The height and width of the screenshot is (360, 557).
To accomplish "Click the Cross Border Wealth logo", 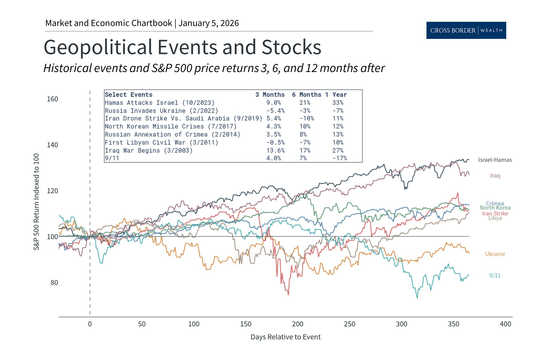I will point(466,30).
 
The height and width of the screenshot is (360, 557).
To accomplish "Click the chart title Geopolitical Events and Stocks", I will point(182,47).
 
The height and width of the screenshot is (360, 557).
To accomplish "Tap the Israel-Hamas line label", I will point(495,160).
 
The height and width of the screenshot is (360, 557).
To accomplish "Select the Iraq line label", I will point(495,176).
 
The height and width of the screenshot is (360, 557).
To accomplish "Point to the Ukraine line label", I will point(495,254).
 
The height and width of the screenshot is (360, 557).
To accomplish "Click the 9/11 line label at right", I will point(495,276).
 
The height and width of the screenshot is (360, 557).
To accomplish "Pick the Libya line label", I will point(495,218).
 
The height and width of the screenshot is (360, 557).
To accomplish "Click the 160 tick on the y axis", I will point(53,99).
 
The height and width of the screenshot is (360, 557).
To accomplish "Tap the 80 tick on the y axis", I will point(54,283).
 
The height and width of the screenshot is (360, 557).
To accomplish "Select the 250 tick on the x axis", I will point(350,324).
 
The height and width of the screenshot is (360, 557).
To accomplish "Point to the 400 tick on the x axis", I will point(505,324).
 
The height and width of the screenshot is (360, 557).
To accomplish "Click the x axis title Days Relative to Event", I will point(285,337).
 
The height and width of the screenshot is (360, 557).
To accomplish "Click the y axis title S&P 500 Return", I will point(36,202).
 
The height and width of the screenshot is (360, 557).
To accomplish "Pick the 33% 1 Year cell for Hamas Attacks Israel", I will point(338,103).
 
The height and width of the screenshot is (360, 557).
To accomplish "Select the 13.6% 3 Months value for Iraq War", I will point(275,150).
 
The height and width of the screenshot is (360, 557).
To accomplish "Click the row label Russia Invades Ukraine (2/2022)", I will point(161,111).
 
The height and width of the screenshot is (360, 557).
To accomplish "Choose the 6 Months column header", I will point(306,95).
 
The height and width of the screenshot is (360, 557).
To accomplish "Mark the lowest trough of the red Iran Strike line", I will point(288,295).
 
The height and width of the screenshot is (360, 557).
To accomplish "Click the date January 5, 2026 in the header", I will point(209,23).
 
